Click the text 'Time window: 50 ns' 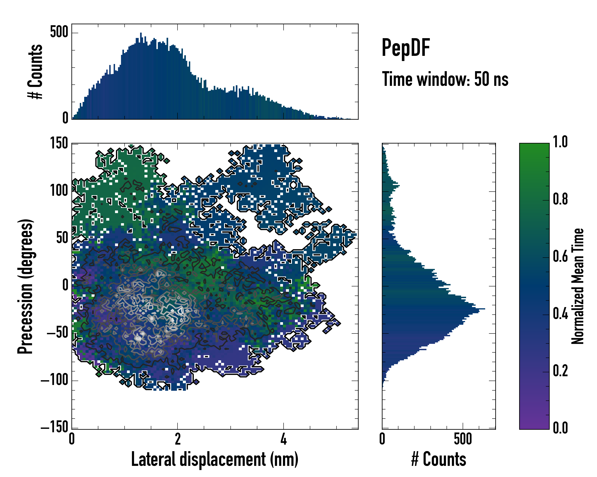tap(445, 79)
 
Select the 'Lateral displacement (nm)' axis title tap(215, 459)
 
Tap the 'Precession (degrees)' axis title tap(25, 286)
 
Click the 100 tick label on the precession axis tap(59, 191)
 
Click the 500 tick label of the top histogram tap(59, 32)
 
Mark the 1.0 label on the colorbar tap(560, 142)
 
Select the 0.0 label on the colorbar tap(560, 428)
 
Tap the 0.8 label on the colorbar tap(560, 199)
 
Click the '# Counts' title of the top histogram tap(35, 72)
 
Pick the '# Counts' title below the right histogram tap(439, 459)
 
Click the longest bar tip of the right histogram tap(485, 309)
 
